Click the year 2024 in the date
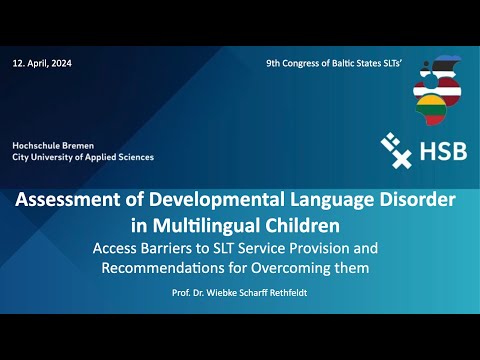62,63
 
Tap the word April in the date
38,64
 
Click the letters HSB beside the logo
443,151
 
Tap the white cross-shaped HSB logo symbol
396,150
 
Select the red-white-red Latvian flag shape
437,91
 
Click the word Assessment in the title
68,199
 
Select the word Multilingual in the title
206,226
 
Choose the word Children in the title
303,226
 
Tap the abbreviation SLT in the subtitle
224,248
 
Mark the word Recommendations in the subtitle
163,268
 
